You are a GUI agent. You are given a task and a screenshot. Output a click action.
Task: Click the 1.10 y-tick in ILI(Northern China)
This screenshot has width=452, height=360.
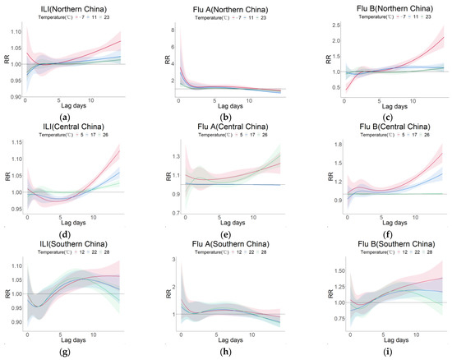click(14, 31)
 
